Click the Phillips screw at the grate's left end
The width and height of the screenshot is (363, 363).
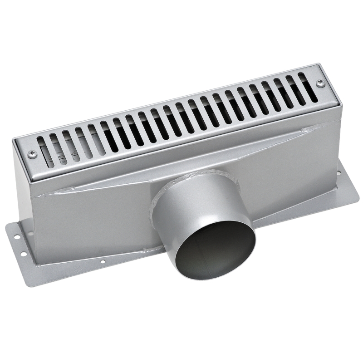pyautogui.click(x=32, y=154)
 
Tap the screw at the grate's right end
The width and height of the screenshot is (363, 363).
pyautogui.click(x=320, y=83)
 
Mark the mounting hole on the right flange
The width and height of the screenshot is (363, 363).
pyautogui.click(x=338, y=173)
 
